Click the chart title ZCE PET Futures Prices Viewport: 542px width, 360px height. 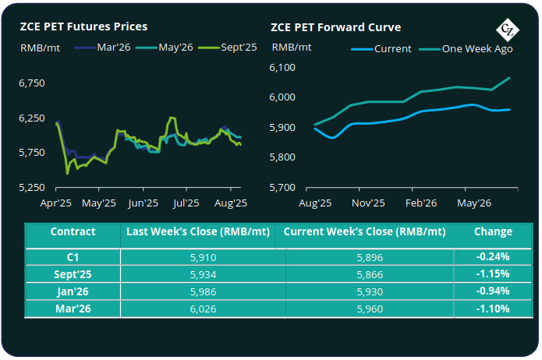coord(84,26)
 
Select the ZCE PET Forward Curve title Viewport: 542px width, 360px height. coord(336,26)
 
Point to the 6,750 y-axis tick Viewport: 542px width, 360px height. coord(32,83)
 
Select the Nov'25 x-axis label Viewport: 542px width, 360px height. coord(367,203)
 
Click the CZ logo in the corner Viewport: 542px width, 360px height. coord(509,31)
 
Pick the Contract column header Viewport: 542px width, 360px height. coord(73,231)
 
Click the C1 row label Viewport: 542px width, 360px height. coord(73,256)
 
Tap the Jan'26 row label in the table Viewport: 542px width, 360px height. coord(73,291)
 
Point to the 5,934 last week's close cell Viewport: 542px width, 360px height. coord(202,274)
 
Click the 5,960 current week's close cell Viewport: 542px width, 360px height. coord(368,309)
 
